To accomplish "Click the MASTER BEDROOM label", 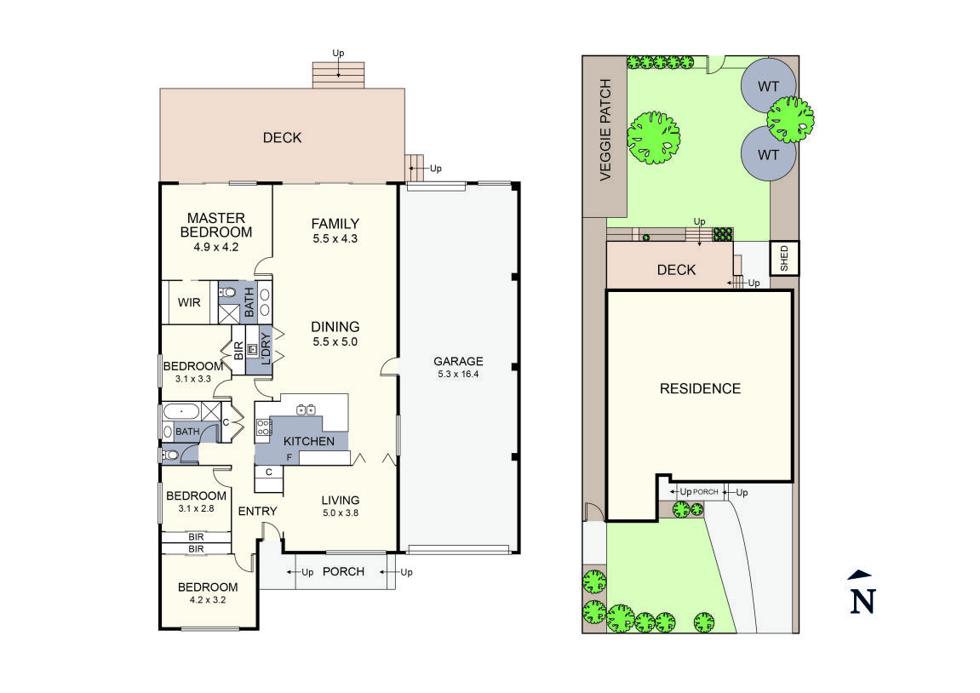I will pyautogui.click(x=216, y=225).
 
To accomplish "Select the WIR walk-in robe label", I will pyautogui.click(x=189, y=302).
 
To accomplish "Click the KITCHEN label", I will pyautogui.click(x=308, y=441).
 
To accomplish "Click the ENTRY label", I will pyautogui.click(x=257, y=511).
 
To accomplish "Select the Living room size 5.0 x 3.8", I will pyautogui.click(x=340, y=513).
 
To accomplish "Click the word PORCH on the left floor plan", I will pyautogui.click(x=343, y=571).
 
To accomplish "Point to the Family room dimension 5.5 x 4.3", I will pyautogui.click(x=335, y=238).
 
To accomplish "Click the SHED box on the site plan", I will pyautogui.click(x=784, y=258).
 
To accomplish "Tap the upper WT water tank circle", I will pyautogui.click(x=769, y=86).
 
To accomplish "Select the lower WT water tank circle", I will pyautogui.click(x=769, y=155).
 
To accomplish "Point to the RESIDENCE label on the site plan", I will pyautogui.click(x=700, y=388).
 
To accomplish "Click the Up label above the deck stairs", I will pyautogui.click(x=338, y=53).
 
